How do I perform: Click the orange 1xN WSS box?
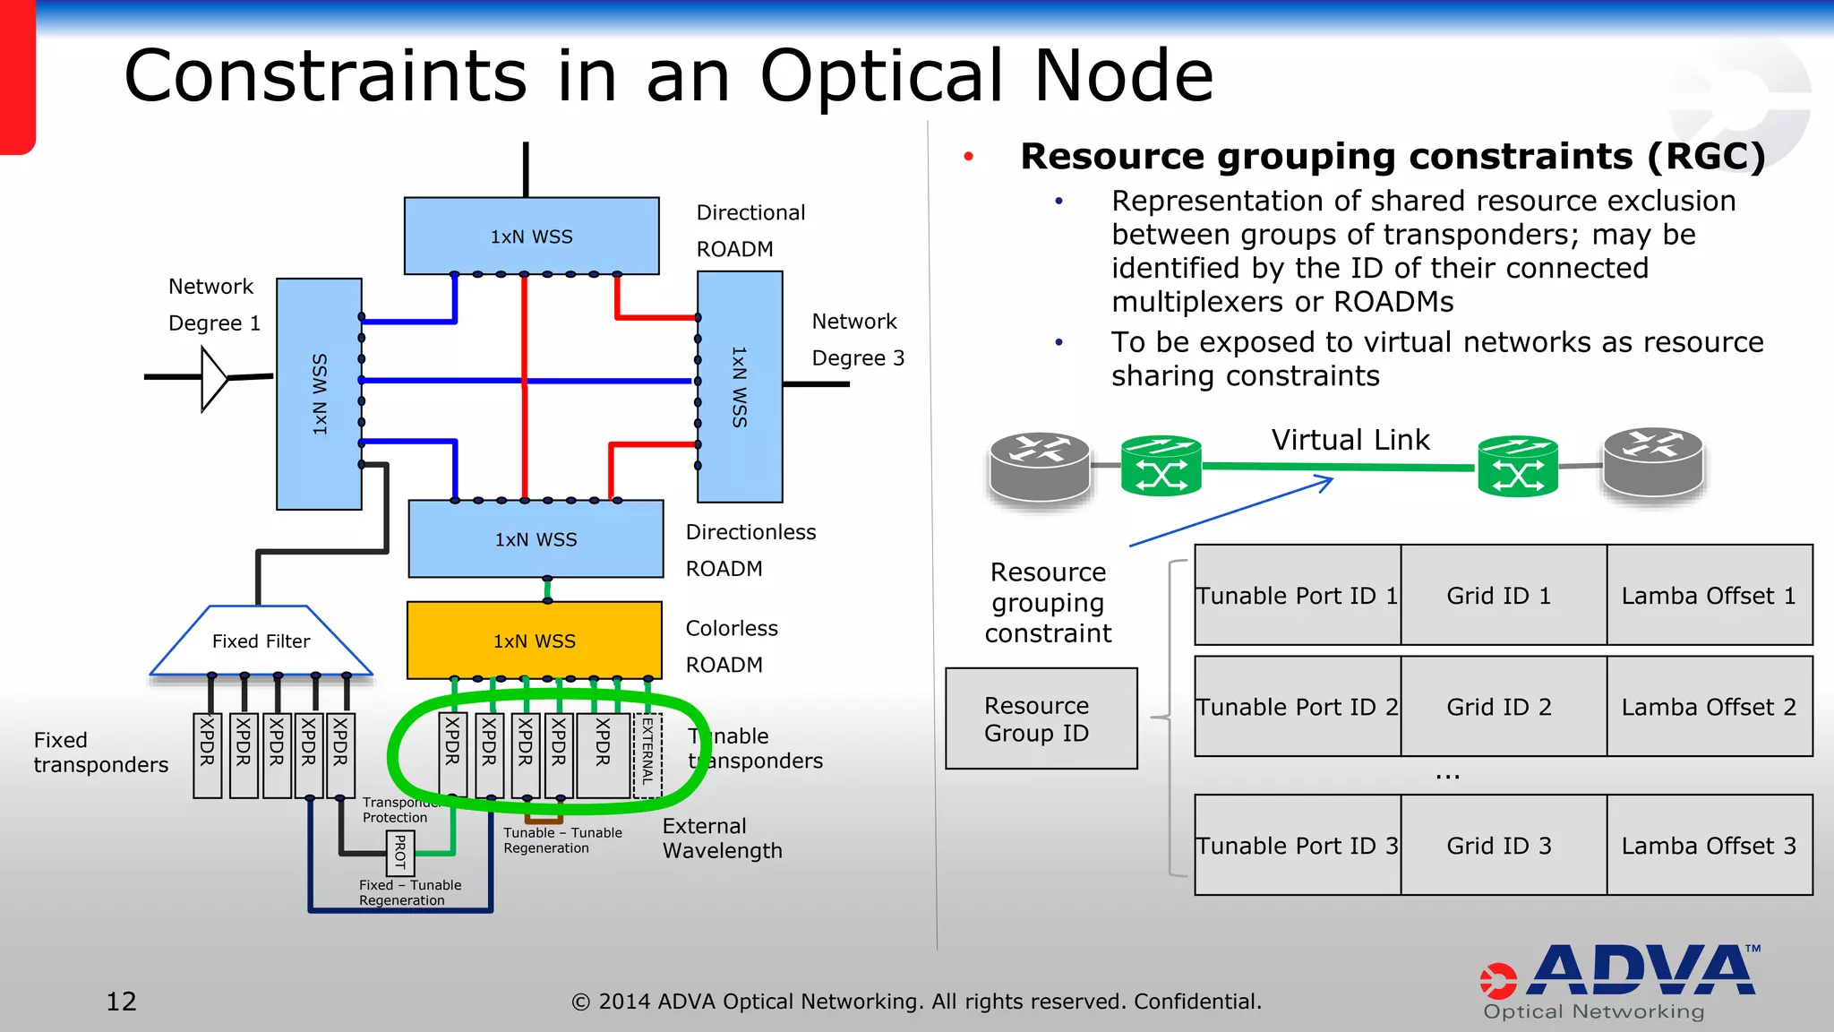click(534, 641)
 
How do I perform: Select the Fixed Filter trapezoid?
click(261, 641)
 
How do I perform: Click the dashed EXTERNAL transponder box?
click(647, 755)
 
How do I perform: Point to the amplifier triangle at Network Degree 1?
click(214, 379)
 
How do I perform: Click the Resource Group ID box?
click(1041, 718)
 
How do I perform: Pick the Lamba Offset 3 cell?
click(1709, 845)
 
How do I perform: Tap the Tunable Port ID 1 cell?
click(1297, 595)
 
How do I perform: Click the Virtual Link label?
click(1350, 440)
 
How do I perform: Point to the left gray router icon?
click(1039, 466)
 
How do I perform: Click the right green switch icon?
click(1517, 465)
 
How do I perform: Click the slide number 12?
click(121, 1001)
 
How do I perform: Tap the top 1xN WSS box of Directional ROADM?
click(531, 236)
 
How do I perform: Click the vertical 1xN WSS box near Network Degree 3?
click(740, 386)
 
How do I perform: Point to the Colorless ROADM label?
click(731, 646)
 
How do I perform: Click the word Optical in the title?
click(881, 76)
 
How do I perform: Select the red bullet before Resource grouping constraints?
click(968, 157)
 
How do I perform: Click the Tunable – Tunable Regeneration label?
click(562, 839)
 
